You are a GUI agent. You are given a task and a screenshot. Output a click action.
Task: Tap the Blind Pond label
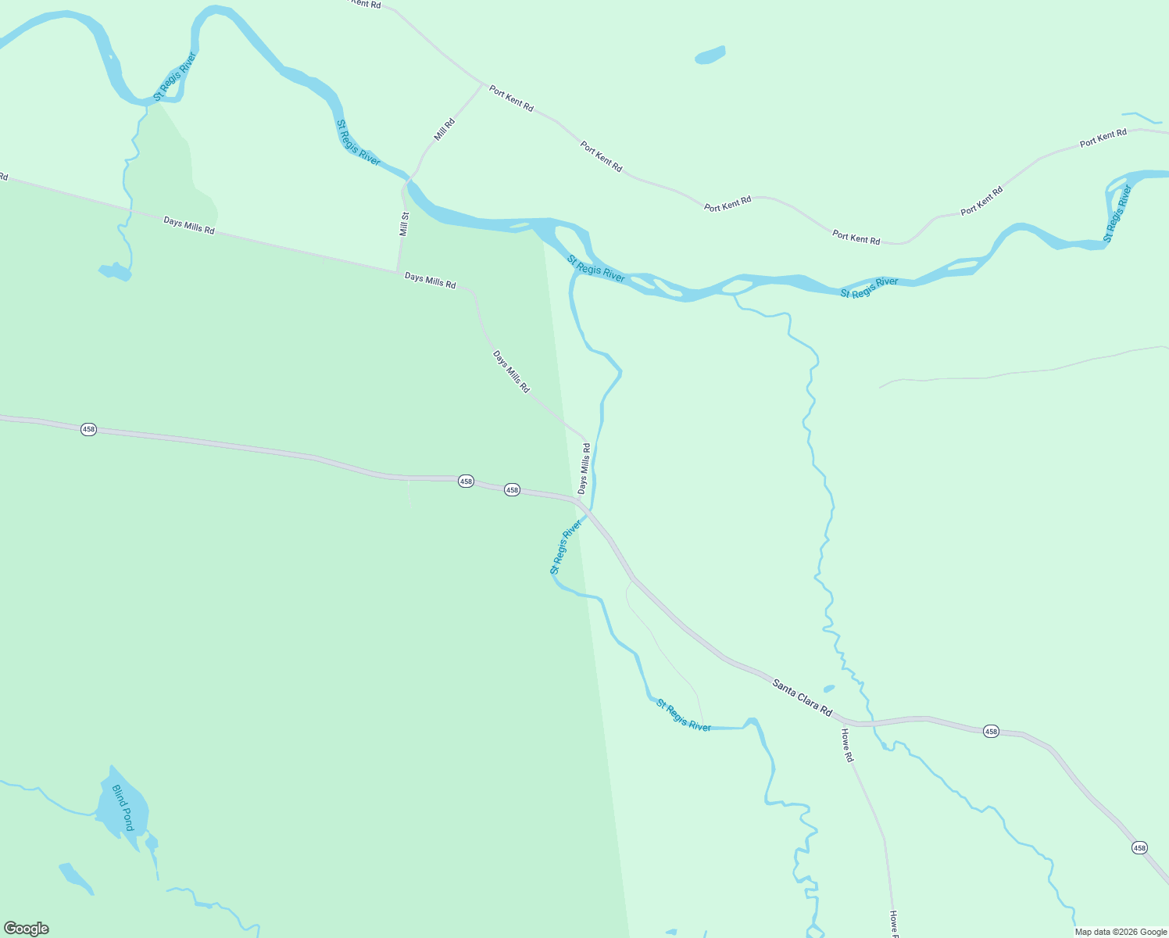point(123,807)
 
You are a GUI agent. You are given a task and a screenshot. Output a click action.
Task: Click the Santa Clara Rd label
point(802,696)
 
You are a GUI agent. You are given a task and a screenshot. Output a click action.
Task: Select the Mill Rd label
point(445,129)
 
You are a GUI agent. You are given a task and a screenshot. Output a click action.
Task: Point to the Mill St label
point(404,224)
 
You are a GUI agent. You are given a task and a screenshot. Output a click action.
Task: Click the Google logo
point(27,929)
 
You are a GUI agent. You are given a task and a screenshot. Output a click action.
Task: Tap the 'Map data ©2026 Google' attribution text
point(1121,932)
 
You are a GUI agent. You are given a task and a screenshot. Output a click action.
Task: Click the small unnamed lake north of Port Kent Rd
point(710,55)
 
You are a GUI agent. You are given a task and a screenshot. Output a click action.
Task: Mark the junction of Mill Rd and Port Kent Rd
point(483,84)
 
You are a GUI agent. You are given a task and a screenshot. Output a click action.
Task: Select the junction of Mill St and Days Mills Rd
point(398,271)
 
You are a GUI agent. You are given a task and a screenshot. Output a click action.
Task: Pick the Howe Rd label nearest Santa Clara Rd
point(847,745)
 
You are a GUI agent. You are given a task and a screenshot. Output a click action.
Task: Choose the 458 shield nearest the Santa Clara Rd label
point(991,731)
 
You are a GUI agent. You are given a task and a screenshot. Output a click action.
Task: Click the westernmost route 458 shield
point(88,429)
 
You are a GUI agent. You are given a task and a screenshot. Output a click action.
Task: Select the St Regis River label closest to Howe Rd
point(684,715)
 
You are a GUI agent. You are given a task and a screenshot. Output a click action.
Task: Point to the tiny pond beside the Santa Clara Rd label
point(829,689)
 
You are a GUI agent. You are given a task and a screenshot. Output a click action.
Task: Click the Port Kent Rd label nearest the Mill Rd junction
point(511,98)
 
